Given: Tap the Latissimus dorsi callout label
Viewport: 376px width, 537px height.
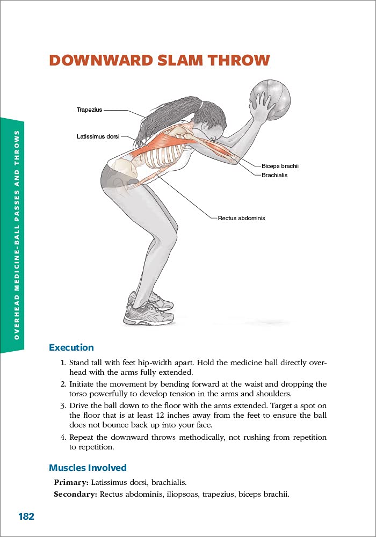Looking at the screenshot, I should [x=98, y=137].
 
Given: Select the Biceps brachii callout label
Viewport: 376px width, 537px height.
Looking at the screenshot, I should [x=280, y=166].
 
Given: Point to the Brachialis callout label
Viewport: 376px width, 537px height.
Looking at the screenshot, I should [x=274, y=175].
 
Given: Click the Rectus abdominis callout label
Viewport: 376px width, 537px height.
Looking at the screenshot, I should [x=241, y=219].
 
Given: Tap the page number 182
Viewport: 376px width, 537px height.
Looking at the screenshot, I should [x=26, y=517].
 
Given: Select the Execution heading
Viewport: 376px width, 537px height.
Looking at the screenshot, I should [x=71, y=347].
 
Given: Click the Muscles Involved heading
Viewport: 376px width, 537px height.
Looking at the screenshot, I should [x=88, y=468].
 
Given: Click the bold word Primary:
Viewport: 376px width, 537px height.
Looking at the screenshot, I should [x=71, y=483].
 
